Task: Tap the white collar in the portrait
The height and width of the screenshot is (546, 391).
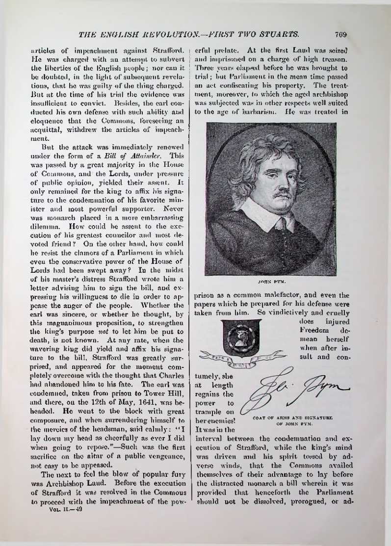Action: [271, 214]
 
